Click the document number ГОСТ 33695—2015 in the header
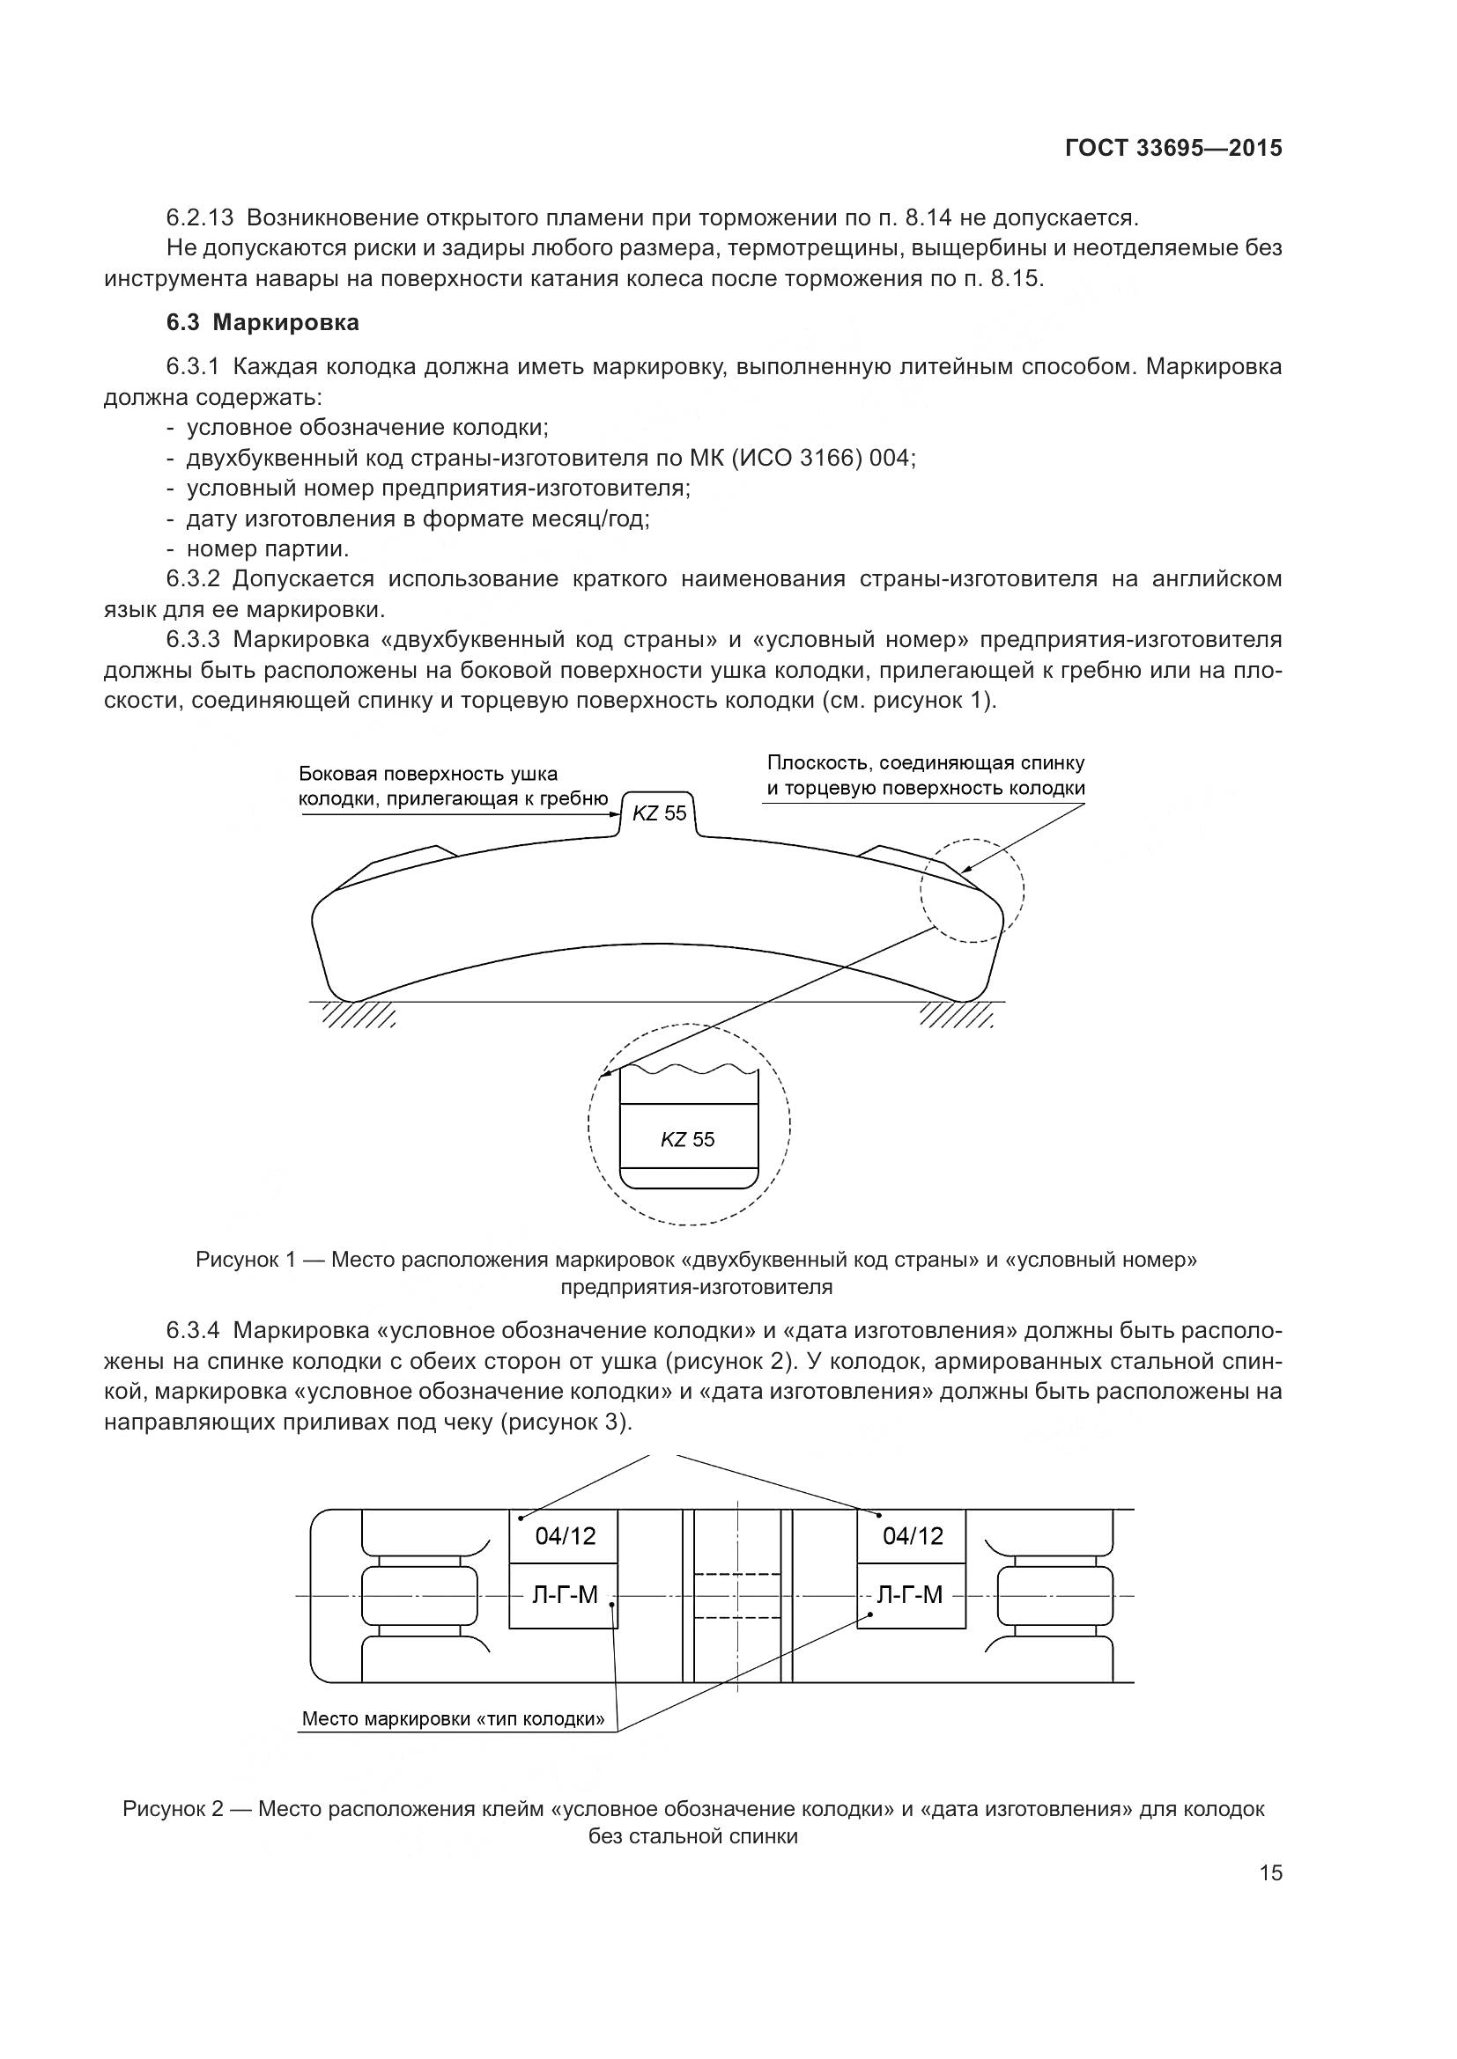1173,148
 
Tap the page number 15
1271,1872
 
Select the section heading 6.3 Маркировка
263,323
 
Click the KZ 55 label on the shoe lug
660,813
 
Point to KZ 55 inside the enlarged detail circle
688,1140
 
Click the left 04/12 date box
565,1537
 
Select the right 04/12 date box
913,1537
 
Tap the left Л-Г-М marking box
565,1595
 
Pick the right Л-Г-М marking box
913,1595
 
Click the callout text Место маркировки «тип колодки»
453,1719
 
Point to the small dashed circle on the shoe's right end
972,891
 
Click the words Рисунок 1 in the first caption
246,1260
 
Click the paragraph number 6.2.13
200,218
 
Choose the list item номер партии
268,548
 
